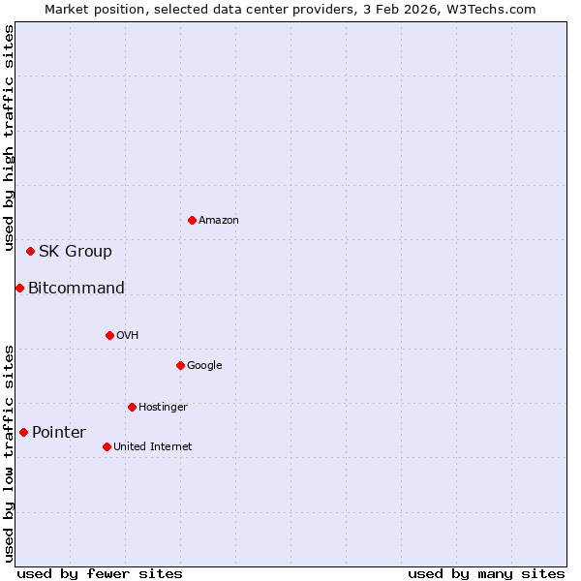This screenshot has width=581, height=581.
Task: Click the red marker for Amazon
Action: pyautogui.click(x=192, y=220)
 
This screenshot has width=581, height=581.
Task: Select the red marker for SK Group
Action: pyautogui.click(x=30, y=251)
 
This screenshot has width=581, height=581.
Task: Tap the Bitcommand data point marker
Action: pyautogui.click(x=19, y=288)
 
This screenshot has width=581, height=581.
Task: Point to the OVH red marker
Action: pyautogui.click(x=109, y=335)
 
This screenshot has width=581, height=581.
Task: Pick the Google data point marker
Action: pyautogui.click(x=180, y=365)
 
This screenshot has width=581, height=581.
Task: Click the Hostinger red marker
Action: pyautogui.click(x=132, y=407)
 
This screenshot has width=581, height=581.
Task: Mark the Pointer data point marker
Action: pyautogui.click(x=23, y=432)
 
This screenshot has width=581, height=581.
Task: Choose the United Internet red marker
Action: pyautogui.click(x=107, y=446)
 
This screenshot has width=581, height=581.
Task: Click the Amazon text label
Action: pyautogui.click(x=219, y=221)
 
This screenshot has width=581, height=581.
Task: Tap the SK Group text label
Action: pyautogui.click(x=76, y=252)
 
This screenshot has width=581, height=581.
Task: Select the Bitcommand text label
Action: pyautogui.click(x=76, y=289)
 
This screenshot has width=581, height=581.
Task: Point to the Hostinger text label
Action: pyautogui.click(x=163, y=408)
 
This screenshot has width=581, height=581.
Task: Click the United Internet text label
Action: pyautogui.click(x=153, y=447)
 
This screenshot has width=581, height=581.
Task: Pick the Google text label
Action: pyautogui.click(x=204, y=366)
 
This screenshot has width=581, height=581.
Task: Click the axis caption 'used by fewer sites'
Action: pyautogui.click(x=100, y=573)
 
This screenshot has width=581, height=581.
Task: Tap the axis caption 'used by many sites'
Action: pyautogui.click(x=486, y=573)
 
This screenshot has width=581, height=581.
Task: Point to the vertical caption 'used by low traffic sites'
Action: pyautogui.click(x=10, y=452)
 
